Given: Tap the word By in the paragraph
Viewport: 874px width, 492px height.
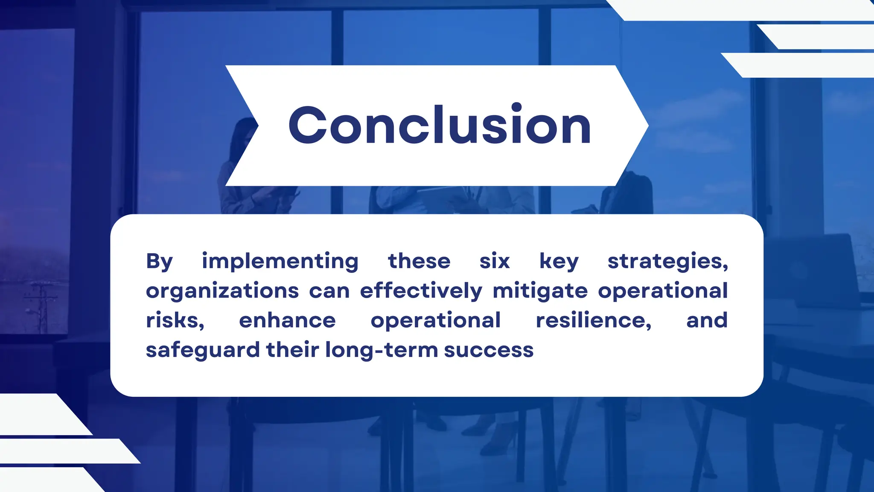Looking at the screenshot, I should tap(159, 261).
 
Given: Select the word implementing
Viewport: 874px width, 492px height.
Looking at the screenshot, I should tap(280, 261).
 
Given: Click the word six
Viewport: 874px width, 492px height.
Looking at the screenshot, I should tap(495, 261).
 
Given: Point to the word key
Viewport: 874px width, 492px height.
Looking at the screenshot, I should tap(559, 261).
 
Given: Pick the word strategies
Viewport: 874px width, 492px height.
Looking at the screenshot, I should tap(667, 261).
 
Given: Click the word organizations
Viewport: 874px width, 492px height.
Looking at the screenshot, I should tap(222, 291).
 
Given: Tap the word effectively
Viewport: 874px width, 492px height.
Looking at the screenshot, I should tap(421, 291).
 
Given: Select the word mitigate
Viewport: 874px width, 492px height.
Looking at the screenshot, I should tap(540, 291).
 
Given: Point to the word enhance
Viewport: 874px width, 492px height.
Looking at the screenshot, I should tap(287, 320).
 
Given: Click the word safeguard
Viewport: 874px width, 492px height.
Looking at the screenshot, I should tap(203, 350).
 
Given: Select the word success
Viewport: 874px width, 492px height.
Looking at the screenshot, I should tap(489, 350).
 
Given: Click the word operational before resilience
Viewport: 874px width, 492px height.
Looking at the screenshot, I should tap(435, 320).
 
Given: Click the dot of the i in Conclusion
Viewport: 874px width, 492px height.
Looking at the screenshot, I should tap(517, 107).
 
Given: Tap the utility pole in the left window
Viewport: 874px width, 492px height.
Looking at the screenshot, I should tap(42, 307).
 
